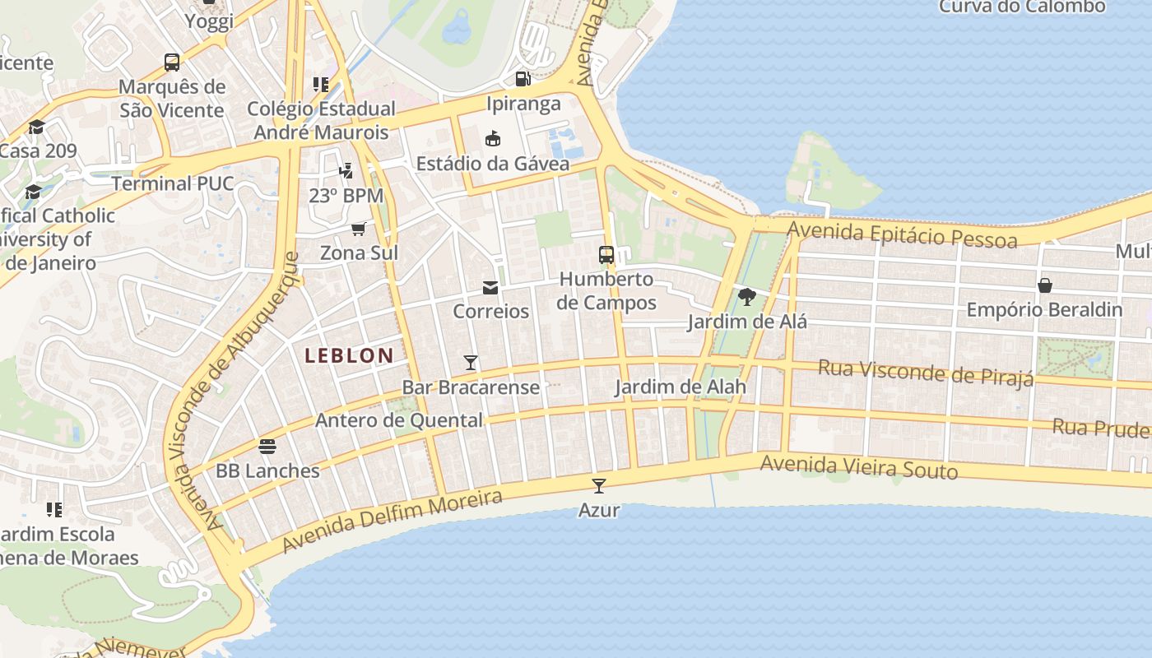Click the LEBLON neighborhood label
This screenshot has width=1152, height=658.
349,355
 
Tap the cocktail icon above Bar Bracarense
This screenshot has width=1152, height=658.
471,362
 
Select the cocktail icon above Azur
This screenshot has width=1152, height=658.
599,485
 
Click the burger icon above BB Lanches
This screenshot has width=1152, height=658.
267,447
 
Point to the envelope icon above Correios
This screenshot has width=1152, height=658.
490,287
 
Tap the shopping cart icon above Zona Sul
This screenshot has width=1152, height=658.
359,229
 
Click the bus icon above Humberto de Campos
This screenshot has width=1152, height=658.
606,255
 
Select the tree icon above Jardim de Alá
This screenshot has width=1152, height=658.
747,297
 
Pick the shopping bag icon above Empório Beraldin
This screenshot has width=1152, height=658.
1044,285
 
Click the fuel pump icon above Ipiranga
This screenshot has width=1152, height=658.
523,79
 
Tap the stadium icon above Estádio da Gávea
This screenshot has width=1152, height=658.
493,138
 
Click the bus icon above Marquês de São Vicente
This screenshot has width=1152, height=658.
172,63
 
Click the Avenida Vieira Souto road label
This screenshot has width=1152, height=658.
858,466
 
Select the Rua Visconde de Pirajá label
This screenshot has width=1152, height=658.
925,373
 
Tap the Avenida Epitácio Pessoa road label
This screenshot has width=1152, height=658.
902,234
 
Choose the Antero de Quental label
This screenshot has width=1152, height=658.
399,420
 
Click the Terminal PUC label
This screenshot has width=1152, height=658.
173,183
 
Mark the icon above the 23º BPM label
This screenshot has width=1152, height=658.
346,171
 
